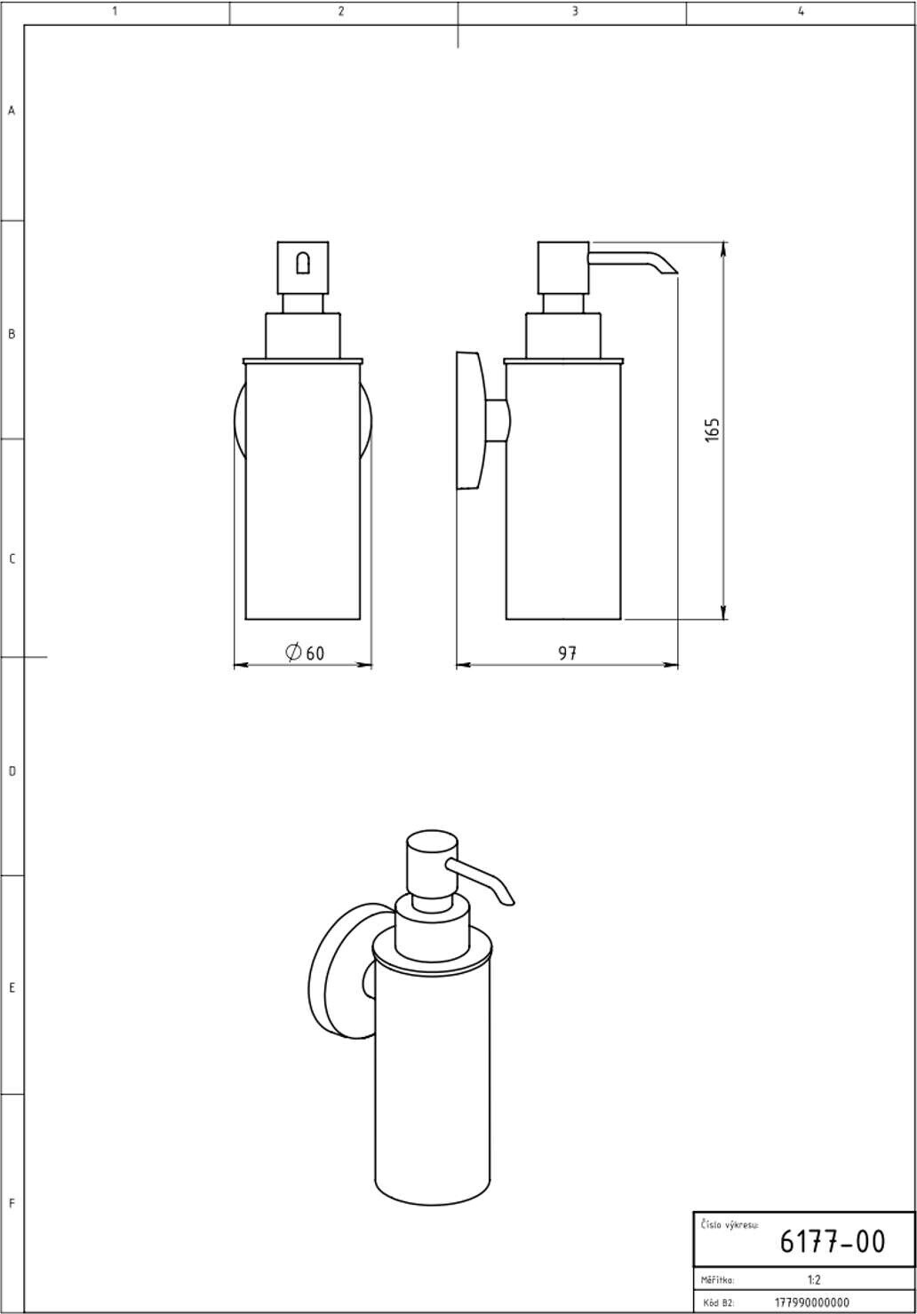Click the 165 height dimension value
point(712,430)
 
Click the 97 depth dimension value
point(567,653)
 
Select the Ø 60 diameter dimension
point(305,653)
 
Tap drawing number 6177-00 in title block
point(832,1241)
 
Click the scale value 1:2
point(814,1280)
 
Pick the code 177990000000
point(812,1302)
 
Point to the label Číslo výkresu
point(730,1225)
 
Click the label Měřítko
point(717,1280)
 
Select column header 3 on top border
point(574,12)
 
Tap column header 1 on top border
point(115,12)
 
